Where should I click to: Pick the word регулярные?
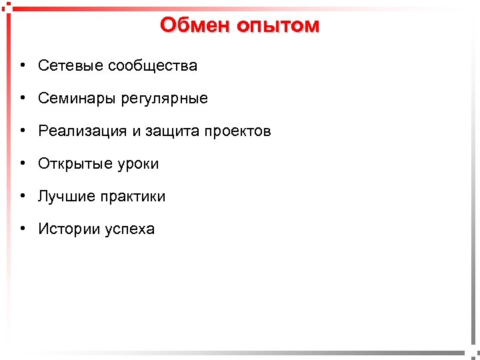coord(164,99)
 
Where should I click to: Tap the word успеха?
coord(129,229)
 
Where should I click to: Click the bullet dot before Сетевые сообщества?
coord(23,65)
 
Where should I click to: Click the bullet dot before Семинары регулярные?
coord(23,99)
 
